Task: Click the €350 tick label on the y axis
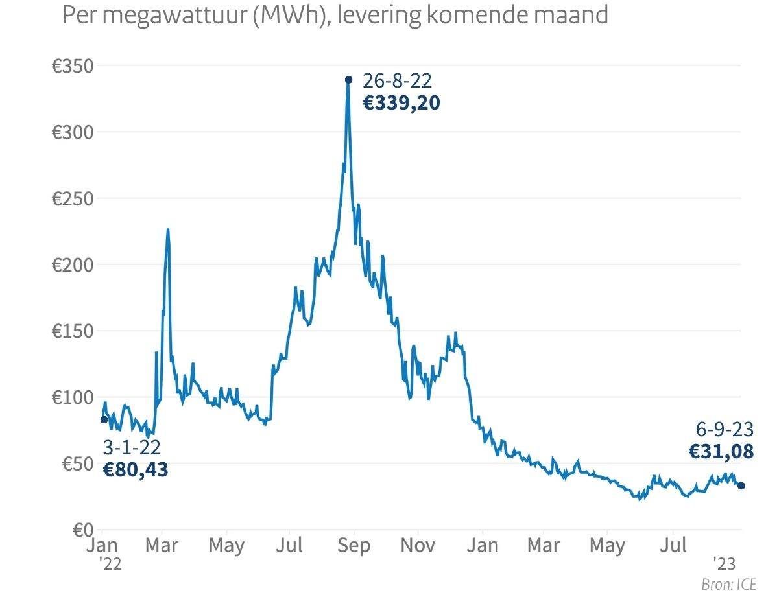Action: [73, 66]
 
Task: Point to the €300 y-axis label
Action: [73, 132]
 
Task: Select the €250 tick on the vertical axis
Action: [73, 198]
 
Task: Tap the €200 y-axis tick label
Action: [73, 265]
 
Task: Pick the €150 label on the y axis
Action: [73, 331]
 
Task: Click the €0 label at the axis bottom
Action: [82, 530]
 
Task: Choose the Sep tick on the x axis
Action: [354, 545]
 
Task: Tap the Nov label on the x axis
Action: [418, 545]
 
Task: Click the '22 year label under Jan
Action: [110, 564]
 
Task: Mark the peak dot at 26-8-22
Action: [348, 80]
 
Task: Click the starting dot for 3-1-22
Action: [104, 419]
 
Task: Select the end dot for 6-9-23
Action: [741, 485]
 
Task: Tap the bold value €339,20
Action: [401, 103]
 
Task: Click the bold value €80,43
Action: [136, 469]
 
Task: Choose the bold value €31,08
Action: [721, 451]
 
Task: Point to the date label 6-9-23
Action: [725, 429]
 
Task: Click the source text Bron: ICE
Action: [728, 584]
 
